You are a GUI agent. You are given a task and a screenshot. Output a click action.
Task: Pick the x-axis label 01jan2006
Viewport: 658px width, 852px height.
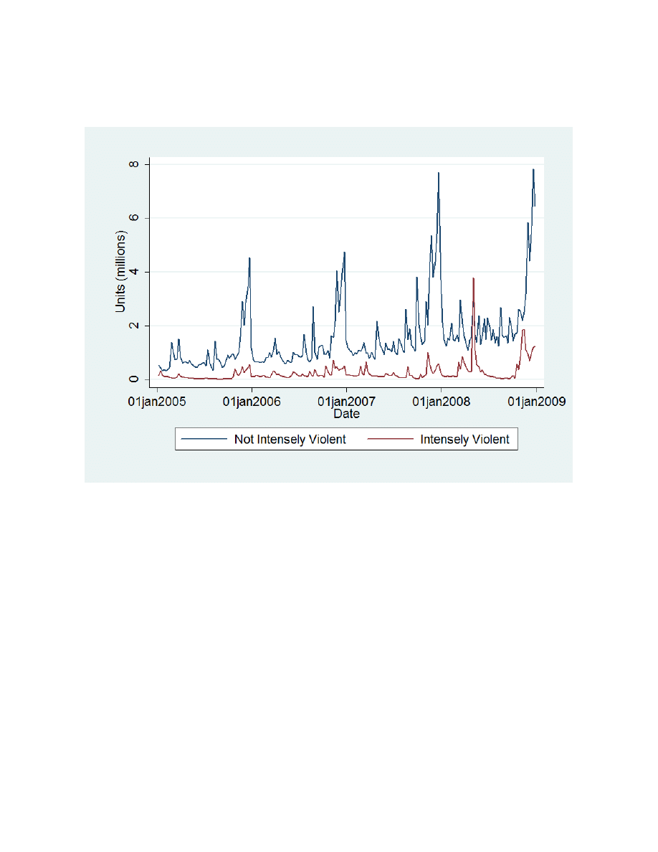[252, 402]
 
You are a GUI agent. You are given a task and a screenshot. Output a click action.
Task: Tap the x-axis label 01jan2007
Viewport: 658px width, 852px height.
[347, 402]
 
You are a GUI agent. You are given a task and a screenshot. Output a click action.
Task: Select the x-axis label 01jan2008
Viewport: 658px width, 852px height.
[442, 402]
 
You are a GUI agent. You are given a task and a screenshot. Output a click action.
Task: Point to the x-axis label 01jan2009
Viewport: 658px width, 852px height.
[536, 402]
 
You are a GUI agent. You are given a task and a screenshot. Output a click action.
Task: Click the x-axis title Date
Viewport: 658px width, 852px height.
[346, 414]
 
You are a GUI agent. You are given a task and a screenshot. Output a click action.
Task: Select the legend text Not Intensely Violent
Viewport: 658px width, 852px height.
[290, 440]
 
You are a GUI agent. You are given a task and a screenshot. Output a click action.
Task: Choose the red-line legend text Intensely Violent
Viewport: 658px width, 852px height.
[464, 440]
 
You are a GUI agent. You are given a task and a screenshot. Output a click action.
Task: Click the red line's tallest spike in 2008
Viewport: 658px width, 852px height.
[473, 278]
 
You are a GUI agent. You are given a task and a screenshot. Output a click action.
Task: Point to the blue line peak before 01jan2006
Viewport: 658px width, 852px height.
[249, 258]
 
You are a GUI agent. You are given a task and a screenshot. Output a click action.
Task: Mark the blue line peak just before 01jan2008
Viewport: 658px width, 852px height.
[439, 173]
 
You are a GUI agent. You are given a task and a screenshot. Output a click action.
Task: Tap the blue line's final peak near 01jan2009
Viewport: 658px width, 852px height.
[533, 169]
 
